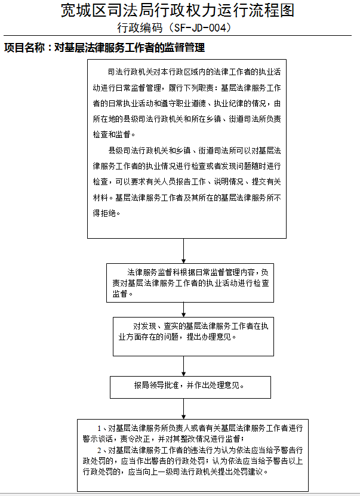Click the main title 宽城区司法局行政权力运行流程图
pyautogui.click(x=177, y=10)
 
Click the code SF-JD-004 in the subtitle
pyautogui.click(x=201, y=28)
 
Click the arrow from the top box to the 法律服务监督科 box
pyautogui.click(x=183, y=251)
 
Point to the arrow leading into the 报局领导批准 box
pyautogui.click(x=183, y=366)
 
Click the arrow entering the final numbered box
pyautogui.click(x=183, y=409)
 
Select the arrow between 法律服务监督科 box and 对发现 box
pyautogui.click(x=183, y=310)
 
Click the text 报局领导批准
pyautogui.click(x=156, y=386)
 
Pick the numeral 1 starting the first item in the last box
pyautogui.click(x=99, y=429)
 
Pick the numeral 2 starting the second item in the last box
pyautogui.click(x=99, y=450)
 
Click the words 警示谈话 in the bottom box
pyautogui.click(x=98, y=439)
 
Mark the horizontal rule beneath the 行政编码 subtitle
pyautogui.click(x=177, y=35)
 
